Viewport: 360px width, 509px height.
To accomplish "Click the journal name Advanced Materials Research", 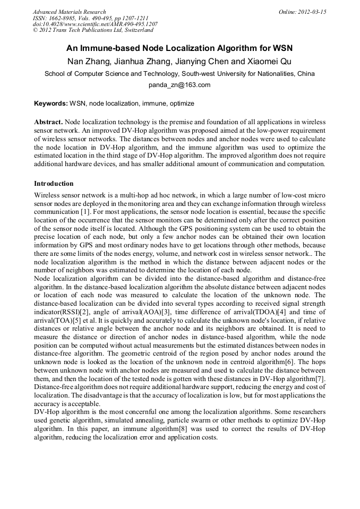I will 69,12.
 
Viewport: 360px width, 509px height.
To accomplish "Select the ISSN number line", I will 90,18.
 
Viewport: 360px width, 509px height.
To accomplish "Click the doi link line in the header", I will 95,24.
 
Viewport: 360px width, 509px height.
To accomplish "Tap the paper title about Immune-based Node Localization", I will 179,48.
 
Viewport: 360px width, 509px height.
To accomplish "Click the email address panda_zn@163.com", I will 179,85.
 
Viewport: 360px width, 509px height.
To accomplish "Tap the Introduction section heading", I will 54,184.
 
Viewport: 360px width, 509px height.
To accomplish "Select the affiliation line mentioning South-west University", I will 179,74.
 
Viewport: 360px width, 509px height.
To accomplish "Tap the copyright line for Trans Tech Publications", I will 93,31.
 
